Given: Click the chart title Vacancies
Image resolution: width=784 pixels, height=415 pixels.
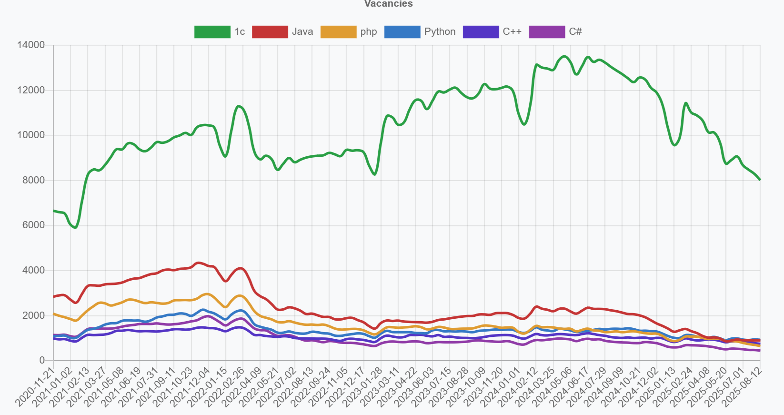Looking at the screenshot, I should pyautogui.click(x=388, y=4).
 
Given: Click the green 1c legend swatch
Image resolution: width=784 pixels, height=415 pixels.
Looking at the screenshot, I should pyautogui.click(x=212, y=32).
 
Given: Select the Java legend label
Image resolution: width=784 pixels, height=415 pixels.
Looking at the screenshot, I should pyautogui.click(x=302, y=32).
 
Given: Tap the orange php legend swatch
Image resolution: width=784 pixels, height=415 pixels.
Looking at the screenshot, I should pyautogui.click(x=338, y=32).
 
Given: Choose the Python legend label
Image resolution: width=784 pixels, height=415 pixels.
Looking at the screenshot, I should pyautogui.click(x=439, y=32).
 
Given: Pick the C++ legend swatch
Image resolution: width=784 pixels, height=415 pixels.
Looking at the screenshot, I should pyautogui.click(x=481, y=32).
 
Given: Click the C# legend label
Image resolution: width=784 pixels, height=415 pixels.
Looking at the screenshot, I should pyautogui.click(x=575, y=32).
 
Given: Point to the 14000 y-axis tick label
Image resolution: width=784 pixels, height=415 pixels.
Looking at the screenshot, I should pyautogui.click(x=31, y=45).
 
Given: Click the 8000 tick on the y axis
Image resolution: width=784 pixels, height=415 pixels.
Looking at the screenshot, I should pyautogui.click(x=34, y=180).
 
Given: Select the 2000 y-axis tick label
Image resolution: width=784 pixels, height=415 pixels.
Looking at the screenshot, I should pyautogui.click(x=34, y=315).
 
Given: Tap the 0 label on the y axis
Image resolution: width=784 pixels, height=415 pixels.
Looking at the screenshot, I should pyautogui.click(x=42, y=361).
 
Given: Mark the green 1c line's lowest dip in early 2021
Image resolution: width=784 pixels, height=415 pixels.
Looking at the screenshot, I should pyautogui.click(x=75, y=227).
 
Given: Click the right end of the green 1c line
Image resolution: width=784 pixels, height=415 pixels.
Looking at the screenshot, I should pyautogui.click(x=760, y=180).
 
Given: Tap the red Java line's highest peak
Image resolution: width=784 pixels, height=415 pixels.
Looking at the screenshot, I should pyautogui.click(x=199, y=263).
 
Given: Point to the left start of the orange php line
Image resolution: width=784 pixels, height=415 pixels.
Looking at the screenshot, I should pyautogui.click(x=54, y=314).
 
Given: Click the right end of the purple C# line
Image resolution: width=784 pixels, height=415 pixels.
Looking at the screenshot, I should pyautogui.click(x=760, y=351).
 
